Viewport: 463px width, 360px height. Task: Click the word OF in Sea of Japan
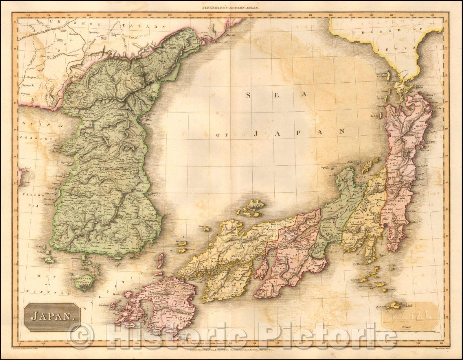pos(222,135)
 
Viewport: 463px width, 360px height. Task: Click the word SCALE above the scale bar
pos(414,327)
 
